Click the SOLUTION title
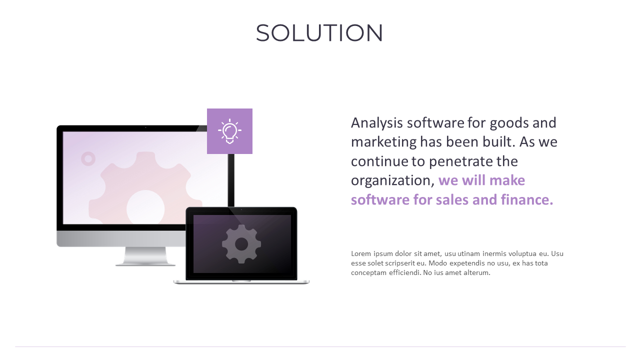pos(319,33)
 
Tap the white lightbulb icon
pos(229,131)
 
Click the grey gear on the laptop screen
pos(241,244)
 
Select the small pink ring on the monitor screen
pos(88,159)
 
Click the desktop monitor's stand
pos(145,256)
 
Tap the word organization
pos(391,180)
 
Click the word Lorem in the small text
pos(361,253)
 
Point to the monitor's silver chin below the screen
pos(120,238)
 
